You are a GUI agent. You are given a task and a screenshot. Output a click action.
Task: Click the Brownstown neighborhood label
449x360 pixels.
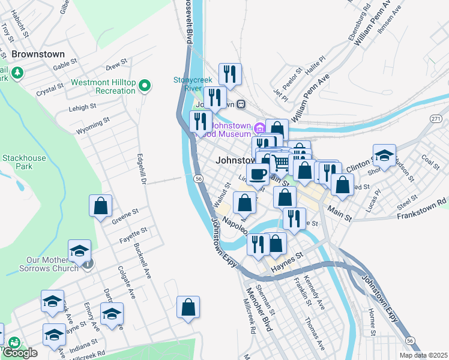tap(38, 54)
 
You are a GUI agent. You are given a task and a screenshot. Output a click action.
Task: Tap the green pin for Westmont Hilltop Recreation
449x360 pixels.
tap(144, 87)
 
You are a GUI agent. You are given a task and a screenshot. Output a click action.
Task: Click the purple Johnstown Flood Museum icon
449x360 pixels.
tap(260, 128)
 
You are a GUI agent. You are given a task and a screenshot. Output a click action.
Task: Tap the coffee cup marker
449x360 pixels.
tap(258, 175)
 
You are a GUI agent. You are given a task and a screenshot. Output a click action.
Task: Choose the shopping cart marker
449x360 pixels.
tap(280, 163)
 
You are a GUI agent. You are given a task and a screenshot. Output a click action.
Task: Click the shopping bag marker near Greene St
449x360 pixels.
tap(101, 206)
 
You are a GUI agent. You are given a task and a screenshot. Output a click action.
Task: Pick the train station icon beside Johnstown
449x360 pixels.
tap(241, 104)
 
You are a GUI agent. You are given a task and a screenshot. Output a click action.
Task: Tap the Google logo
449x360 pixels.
tap(20, 353)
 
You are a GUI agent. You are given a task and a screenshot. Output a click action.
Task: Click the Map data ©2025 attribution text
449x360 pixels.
tap(423, 355)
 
